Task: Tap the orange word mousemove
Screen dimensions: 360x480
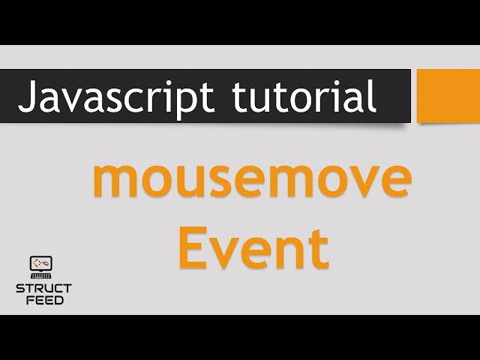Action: coord(251,183)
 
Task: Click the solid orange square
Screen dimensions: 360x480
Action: coord(448,95)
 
